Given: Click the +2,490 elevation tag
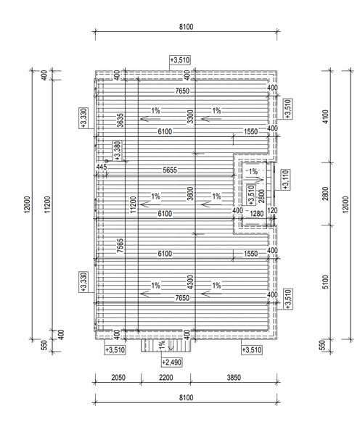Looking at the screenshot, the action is click(172, 362).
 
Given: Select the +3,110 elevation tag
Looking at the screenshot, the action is click(286, 180).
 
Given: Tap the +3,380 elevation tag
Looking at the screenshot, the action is click(118, 151).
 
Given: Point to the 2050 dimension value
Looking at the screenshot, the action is click(118, 377).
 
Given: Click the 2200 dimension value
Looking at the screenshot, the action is click(165, 377).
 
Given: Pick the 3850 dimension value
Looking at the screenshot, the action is click(234, 377).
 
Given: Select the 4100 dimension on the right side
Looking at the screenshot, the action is click(326, 117).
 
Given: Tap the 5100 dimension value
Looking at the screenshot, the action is click(326, 282).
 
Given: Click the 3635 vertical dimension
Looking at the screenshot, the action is click(120, 120).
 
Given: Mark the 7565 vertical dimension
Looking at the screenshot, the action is click(120, 246).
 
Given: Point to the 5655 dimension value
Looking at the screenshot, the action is click(170, 170).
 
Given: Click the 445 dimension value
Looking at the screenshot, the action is click(102, 167).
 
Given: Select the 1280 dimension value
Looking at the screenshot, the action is click(256, 214).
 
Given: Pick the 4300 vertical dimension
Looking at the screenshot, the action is click(190, 282).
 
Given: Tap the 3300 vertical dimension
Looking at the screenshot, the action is click(190, 117).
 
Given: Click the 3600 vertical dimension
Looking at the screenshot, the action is click(190, 194).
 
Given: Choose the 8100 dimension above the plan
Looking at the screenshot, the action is click(186, 27).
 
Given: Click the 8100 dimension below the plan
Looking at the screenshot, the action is click(186, 398).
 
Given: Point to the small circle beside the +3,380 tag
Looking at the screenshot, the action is click(107, 161).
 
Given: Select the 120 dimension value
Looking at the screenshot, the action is click(272, 210).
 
